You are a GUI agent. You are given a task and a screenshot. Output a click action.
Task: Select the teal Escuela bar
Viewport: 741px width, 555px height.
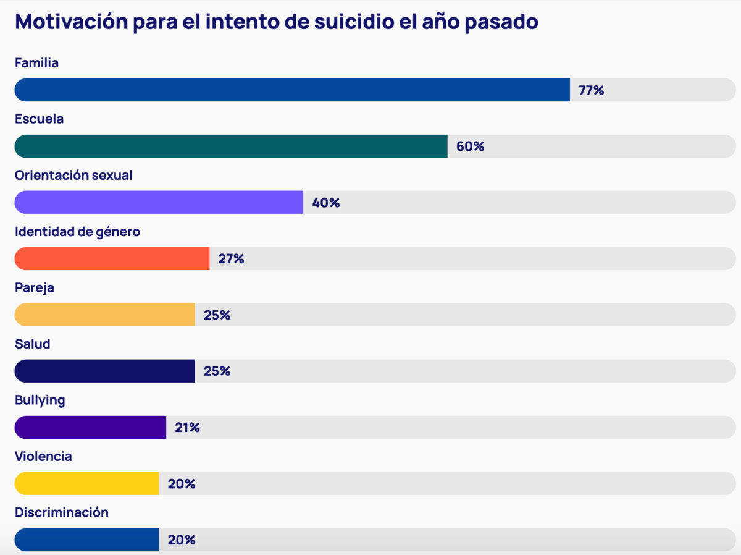pyautogui.click(x=230, y=146)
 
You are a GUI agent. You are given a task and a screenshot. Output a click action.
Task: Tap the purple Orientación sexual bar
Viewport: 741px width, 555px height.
pyautogui.click(x=159, y=203)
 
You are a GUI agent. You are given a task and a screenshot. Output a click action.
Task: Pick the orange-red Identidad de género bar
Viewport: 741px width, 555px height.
pyautogui.click(x=112, y=259)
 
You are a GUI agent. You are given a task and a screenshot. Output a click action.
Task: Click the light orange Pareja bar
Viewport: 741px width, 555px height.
pyautogui.click(x=104, y=315)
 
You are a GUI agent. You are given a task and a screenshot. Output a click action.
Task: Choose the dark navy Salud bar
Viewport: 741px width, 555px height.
pyautogui.click(x=104, y=371)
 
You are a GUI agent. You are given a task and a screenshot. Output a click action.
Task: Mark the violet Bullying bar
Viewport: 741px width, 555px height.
pyautogui.click(x=90, y=428)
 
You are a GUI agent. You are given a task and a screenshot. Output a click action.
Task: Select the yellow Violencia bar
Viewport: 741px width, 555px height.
pyautogui.click(x=86, y=484)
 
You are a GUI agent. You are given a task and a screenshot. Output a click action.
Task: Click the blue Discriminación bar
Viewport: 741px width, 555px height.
pyautogui.click(x=86, y=540)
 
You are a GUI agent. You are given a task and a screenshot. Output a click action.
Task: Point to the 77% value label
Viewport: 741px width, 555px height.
pyautogui.click(x=591, y=91)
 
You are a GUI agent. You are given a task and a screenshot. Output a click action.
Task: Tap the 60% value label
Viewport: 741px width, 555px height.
pyautogui.click(x=470, y=147)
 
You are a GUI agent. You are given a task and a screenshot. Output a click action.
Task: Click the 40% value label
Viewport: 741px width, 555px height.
pyautogui.click(x=325, y=203)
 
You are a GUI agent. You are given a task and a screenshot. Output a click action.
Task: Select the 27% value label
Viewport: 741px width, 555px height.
pyautogui.click(x=231, y=260)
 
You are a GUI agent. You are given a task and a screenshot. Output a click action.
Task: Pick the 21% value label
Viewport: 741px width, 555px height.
pyautogui.click(x=187, y=428)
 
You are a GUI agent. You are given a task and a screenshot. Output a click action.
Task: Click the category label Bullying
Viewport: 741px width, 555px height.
pyautogui.click(x=40, y=400)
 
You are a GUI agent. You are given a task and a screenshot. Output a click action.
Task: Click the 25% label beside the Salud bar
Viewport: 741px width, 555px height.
pyautogui.click(x=217, y=371)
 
